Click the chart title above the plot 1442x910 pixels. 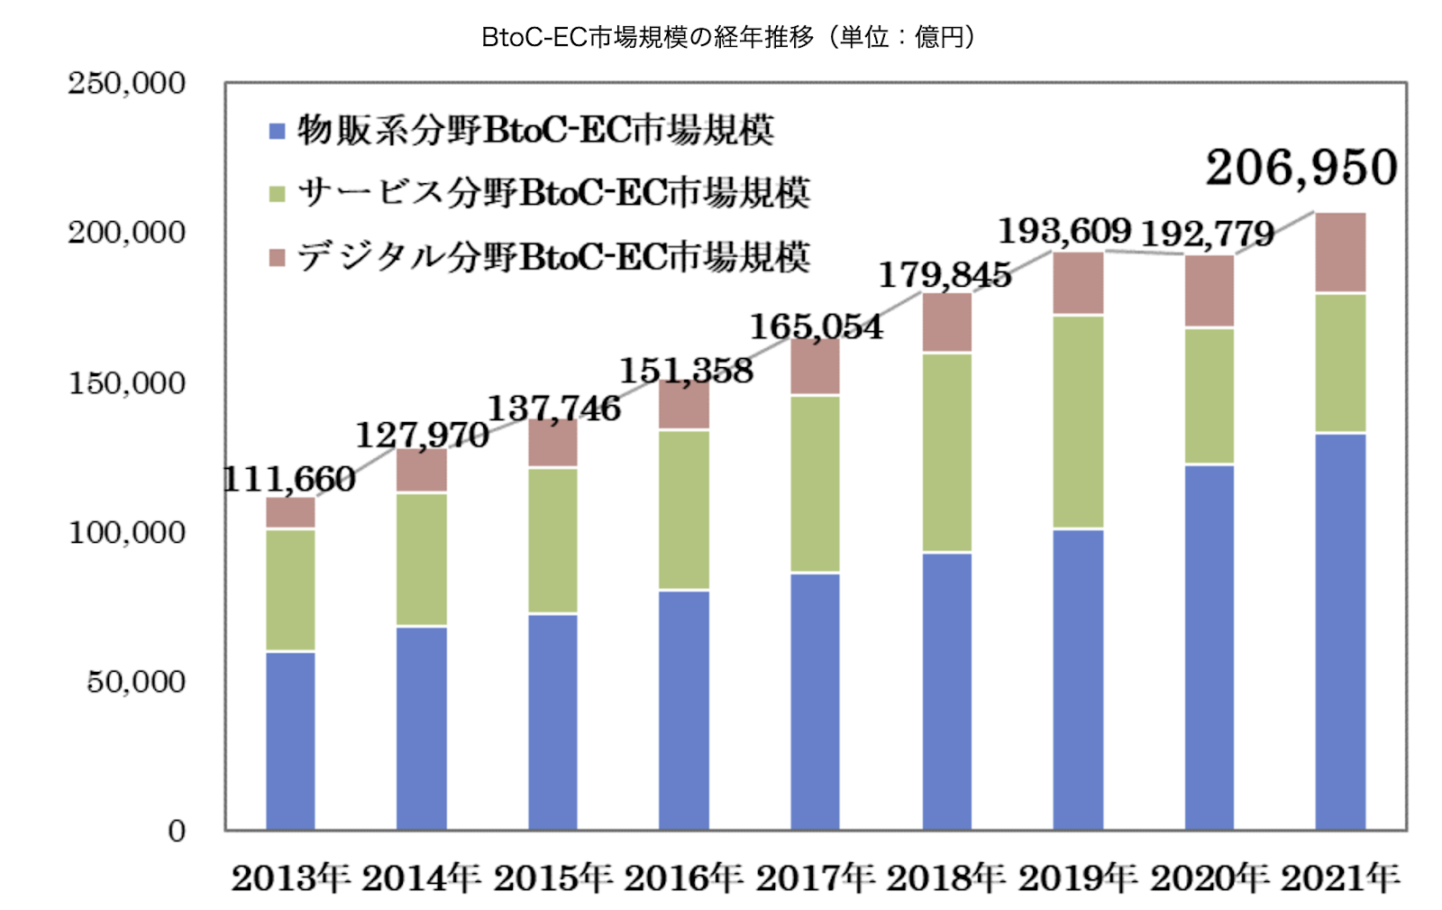[x=728, y=37]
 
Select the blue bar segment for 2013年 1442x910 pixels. [x=290, y=740]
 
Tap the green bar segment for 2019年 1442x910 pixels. [x=1078, y=421]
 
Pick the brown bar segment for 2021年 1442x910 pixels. [x=1340, y=253]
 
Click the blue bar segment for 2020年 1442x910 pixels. [x=1209, y=647]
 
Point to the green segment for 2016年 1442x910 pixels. [x=684, y=510]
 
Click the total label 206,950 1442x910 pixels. [x=1301, y=168]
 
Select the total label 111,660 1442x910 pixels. [x=289, y=479]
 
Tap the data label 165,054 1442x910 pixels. [x=816, y=326]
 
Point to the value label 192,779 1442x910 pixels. [x=1208, y=234]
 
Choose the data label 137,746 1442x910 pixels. [x=553, y=409]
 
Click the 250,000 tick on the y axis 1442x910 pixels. [x=127, y=83]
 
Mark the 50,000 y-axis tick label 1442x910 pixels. [x=136, y=682]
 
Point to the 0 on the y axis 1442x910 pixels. [x=177, y=831]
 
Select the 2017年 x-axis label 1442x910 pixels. [x=815, y=878]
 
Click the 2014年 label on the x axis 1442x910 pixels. [x=421, y=878]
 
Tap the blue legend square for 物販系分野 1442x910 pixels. [x=278, y=132]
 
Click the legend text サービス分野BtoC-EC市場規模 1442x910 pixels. [x=553, y=193]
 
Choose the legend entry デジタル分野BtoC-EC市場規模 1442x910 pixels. [x=553, y=257]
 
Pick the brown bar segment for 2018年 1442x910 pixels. [x=947, y=322]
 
